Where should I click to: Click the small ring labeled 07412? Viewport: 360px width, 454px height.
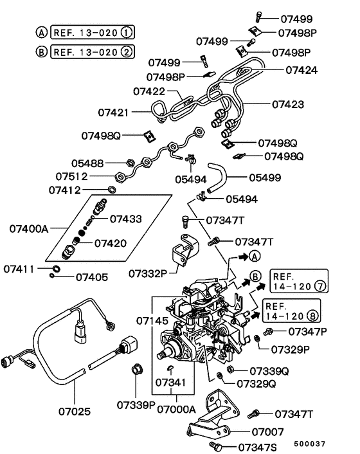111,190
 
